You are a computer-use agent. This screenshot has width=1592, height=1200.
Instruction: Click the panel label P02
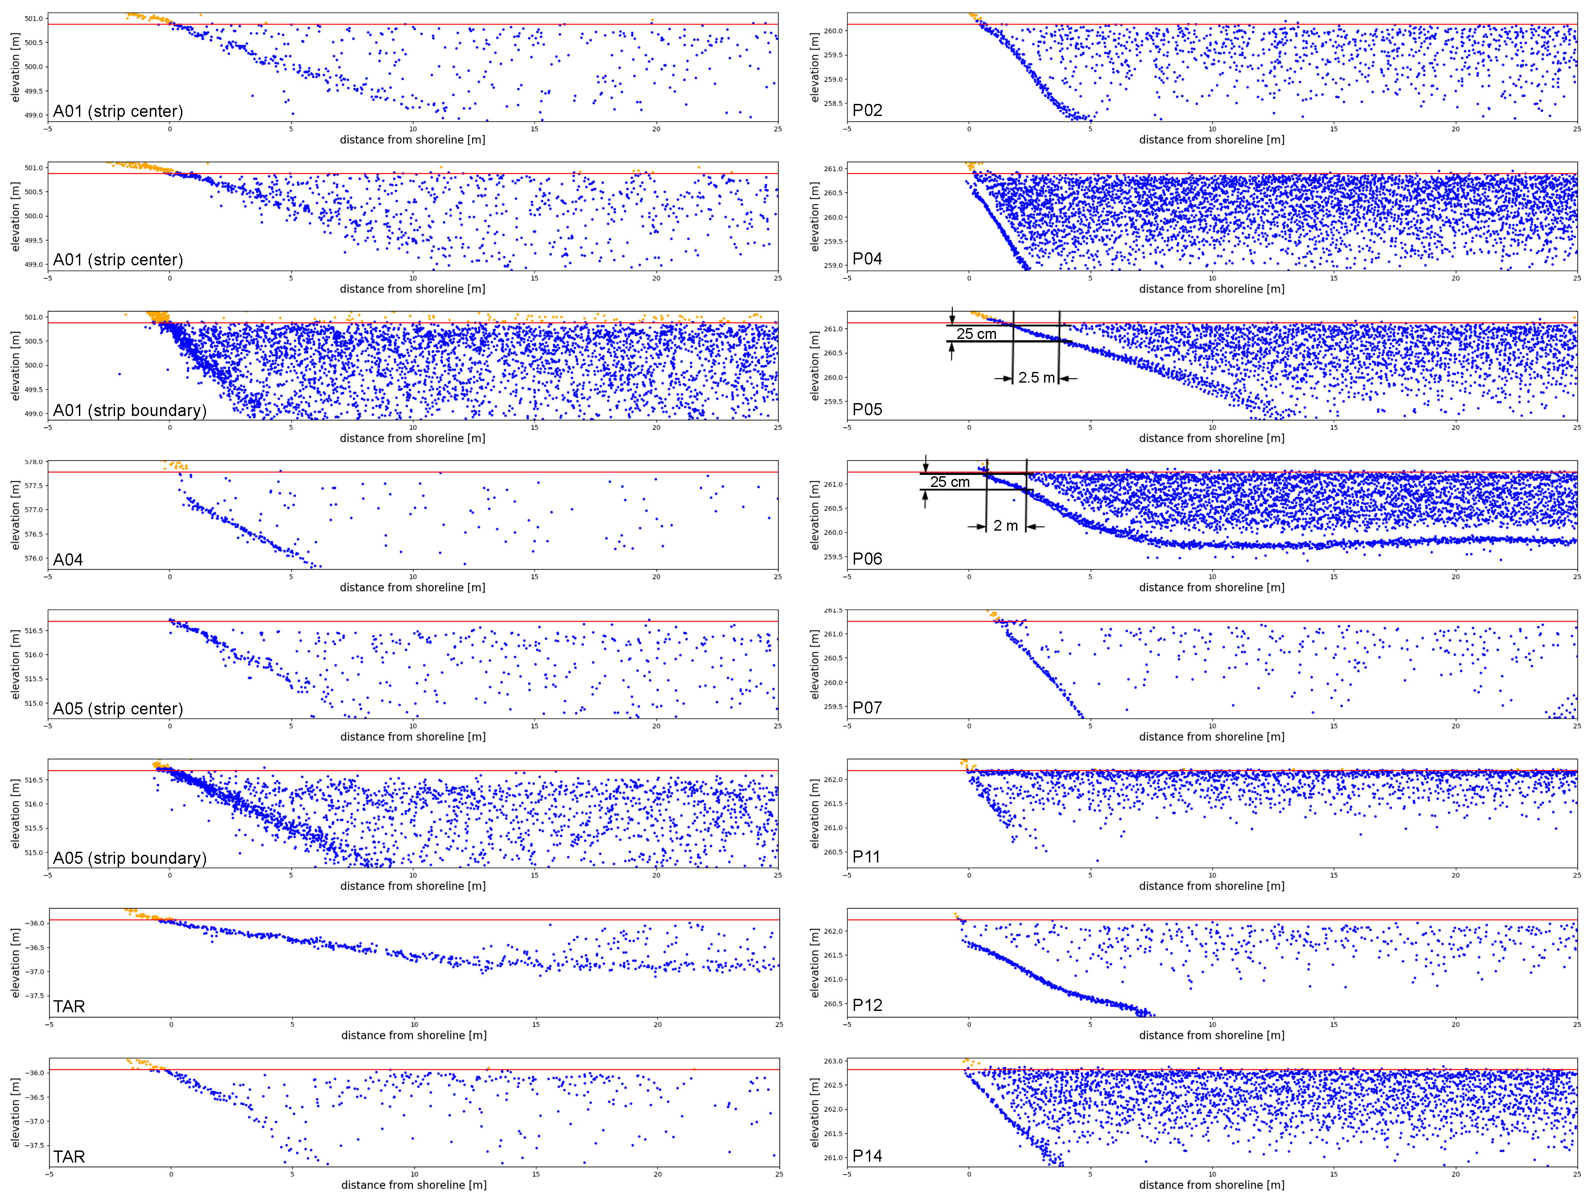click(x=867, y=110)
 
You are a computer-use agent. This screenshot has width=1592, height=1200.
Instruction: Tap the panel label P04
click(x=867, y=259)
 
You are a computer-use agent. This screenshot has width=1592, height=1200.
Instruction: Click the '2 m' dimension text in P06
click(x=1005, y=526)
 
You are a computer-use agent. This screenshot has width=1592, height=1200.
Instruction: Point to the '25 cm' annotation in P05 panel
click(x=976, y=334)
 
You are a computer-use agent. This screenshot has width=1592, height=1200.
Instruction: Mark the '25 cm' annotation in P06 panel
click(x=949, y=482)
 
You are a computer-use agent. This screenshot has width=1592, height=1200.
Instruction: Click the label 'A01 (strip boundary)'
click(x=130, y=410)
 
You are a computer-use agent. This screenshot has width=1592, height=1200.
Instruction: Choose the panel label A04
click(x=68, y=560)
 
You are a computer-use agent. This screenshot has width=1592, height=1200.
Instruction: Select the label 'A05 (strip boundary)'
click(x=130, y=858)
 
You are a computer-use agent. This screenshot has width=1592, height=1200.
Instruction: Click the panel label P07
click(x=867, y=708)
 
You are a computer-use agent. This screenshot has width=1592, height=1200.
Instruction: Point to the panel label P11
click(x=866, y=857)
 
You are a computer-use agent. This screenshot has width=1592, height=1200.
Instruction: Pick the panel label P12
click(x=867, y=1006)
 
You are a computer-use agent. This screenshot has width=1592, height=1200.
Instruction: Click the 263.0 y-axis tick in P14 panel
click(x=833, y=1061)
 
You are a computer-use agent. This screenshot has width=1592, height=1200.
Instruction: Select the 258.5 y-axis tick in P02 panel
click(x=833, y=103)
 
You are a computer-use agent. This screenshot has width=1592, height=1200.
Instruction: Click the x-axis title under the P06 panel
click(x=1211, y=587)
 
